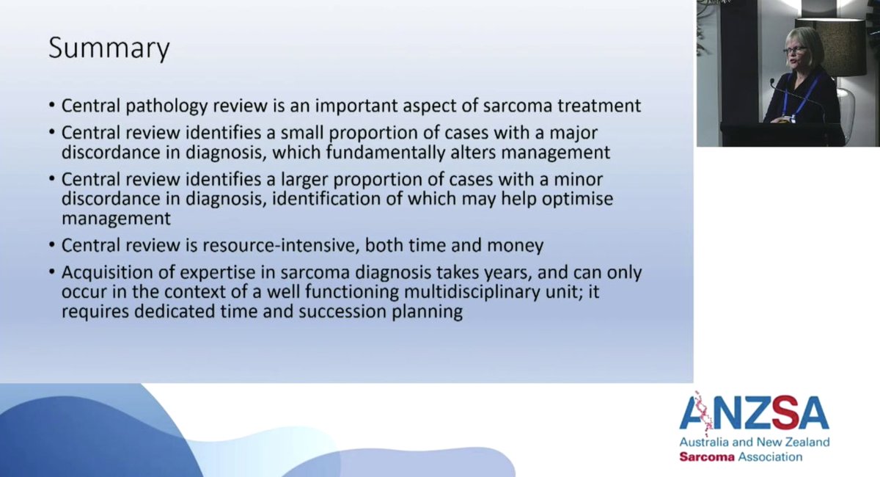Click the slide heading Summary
pyautogui.click(x=109, y=49)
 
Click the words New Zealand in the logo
pyautogui.click(x=793, y=443)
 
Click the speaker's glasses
pyautogui.click(x=796, y=51)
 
